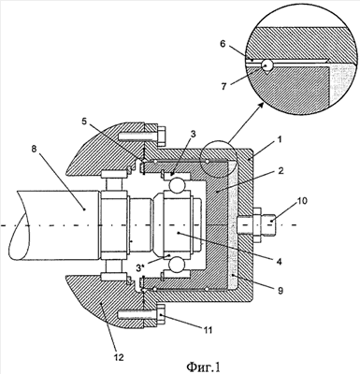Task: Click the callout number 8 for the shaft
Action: [x=35, y=149]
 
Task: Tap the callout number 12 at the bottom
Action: [x=119, y=357]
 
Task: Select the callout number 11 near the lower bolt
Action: [x=208, y=330]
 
